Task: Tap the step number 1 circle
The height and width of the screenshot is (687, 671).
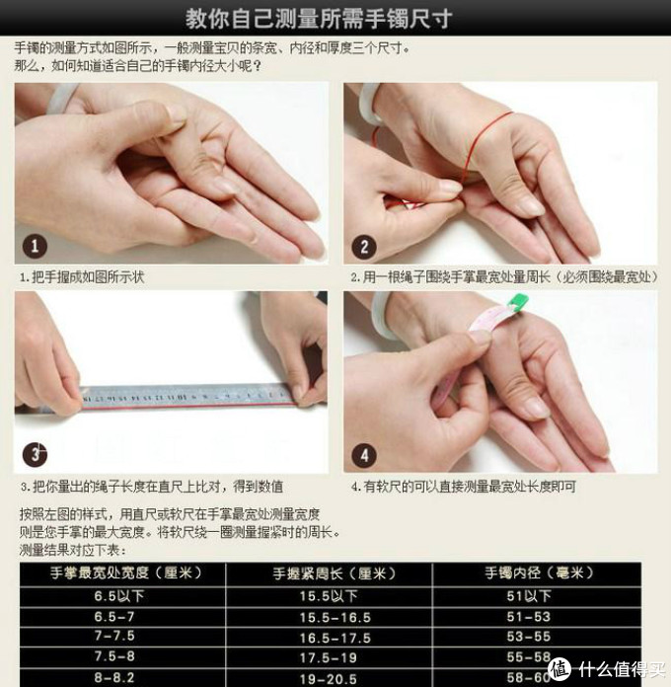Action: point(36,246)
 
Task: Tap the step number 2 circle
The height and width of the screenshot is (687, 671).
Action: point(365,247)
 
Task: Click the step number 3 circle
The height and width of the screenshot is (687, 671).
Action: point(37,455)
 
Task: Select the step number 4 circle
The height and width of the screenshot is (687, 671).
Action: point(365,456)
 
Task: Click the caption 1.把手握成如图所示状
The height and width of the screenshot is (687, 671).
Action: point(82,277)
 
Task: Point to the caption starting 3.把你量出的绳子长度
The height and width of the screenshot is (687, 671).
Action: point(151,487)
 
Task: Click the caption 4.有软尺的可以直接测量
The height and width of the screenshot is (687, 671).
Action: point(464,487)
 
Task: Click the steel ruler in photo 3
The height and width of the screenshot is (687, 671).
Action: point(187,398)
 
